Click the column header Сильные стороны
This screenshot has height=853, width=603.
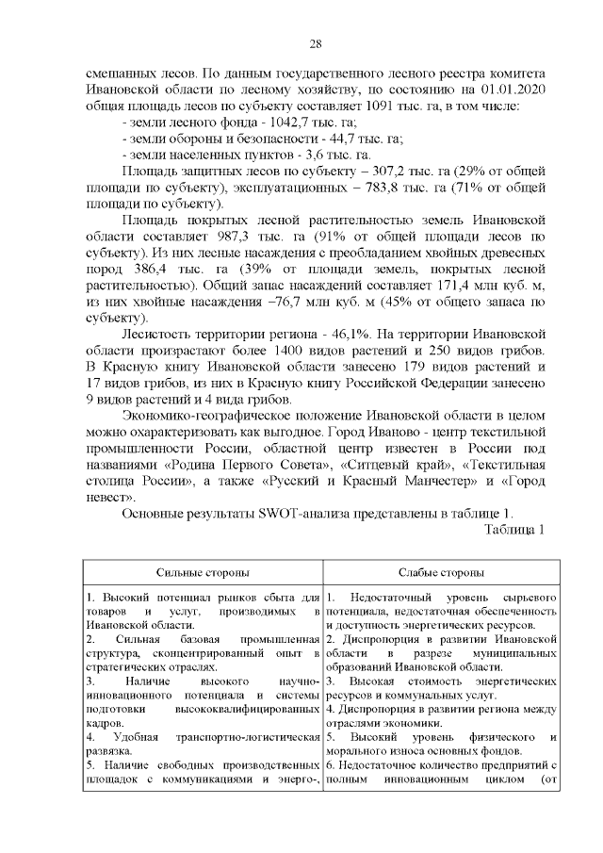point(203,572)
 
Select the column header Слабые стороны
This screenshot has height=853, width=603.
point(442,572)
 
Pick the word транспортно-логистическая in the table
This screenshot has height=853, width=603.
point(241,735)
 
